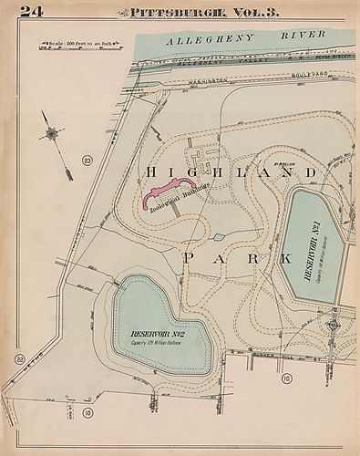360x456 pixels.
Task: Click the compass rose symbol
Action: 53,133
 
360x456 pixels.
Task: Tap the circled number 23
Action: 87,161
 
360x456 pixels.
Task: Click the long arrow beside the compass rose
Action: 63,153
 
